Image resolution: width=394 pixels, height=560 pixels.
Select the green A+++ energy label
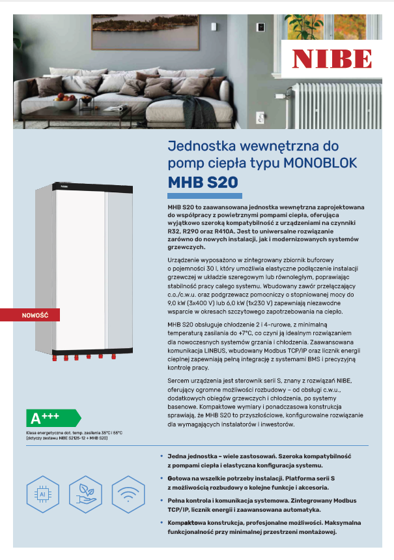[x=51, y=418]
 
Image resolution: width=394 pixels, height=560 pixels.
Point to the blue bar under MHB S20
[x=204, y=196]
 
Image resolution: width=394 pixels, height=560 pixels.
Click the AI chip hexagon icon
[x=43, y=496]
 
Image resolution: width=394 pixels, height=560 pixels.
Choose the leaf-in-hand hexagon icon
[x=86, y=496]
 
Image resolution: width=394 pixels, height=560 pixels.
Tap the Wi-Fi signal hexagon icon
[x=128, y=496]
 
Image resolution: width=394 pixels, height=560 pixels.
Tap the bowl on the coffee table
[x=65, y=102]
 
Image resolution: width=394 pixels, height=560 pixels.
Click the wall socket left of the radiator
[x=262, y=117]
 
